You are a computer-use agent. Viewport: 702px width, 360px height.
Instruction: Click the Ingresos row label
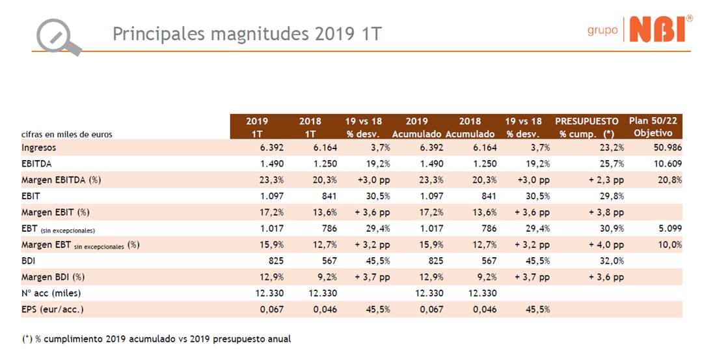(x=38, y=148)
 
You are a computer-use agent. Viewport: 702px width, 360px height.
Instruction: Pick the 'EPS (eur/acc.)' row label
(x=52, y=309)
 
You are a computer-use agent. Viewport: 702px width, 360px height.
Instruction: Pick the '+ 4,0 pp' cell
(x=606, y=245)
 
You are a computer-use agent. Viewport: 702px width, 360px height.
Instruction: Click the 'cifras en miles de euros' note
(x=66, y=135)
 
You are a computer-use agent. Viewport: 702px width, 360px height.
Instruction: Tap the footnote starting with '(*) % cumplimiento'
(x=156, y=339)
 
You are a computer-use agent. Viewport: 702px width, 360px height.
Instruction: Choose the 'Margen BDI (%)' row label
(x=53, y=277)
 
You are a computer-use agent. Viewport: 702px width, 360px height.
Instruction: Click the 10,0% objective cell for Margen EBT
(x=670, y=245)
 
